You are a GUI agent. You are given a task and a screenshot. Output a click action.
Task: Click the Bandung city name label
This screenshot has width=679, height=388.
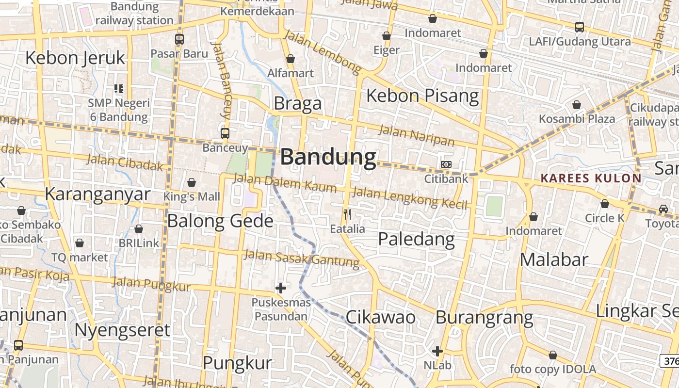(x=328, y=158)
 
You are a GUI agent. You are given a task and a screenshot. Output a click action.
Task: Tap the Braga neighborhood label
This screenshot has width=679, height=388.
(x=297, y=103)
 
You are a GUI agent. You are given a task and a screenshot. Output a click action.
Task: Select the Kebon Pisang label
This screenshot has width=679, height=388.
(x=422, y=96)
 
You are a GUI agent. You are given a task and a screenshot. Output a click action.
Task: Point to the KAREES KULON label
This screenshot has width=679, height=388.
(x=591, y=178)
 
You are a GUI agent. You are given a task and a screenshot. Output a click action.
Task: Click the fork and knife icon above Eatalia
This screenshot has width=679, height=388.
(x=347, y=214)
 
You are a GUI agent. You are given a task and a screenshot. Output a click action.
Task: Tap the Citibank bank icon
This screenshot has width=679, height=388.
(x=446, y=164)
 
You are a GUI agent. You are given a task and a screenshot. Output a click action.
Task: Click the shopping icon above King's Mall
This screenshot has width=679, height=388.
(x=192, y=182)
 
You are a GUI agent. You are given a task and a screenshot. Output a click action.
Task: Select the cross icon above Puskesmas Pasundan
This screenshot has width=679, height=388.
(x=280, y=288)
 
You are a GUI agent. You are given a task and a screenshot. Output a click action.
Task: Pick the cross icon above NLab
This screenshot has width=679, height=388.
(x=437, y=351)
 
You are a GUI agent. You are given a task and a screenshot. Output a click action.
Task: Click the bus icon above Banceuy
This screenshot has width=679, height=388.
(x=225, y=133)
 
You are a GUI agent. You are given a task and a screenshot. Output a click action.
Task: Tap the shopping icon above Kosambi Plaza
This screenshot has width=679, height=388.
(x=577, y=104)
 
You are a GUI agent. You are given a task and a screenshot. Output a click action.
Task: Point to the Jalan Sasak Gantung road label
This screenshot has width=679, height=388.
(x=302, y=258)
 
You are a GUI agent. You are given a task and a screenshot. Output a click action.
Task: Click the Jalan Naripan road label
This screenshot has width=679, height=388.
(x=416, y=135)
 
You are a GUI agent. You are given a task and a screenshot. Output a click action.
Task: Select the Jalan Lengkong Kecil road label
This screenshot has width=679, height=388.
(x=409, y=198)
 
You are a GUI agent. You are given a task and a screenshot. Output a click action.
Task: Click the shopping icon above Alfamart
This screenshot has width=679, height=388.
(x=291, y=59)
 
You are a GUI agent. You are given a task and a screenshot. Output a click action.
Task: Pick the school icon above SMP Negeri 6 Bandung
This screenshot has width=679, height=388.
(x=119, y=88)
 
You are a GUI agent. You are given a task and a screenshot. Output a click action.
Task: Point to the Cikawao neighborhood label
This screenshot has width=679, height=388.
(x=380, y=317)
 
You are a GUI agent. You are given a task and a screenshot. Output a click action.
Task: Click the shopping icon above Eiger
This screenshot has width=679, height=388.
(x=387, y=36)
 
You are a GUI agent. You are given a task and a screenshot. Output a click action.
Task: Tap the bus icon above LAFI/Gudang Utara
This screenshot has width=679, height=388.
(x=580, y=27)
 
